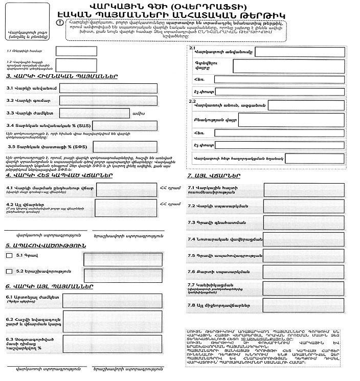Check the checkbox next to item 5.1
pyautogui.click(x=9, y=255)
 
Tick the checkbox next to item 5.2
pyautogui.click(x=9, y=271)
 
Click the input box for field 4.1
pyautogui.click(x=126, y=190)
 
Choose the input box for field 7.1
pyautogui.click(x=304, y=189)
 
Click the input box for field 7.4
pyautogui.click(x=304, y=239)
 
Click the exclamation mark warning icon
pyautogui.click(x=60, y=23)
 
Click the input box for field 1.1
pyautogui.click(x=69, y=52)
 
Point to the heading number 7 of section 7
pyautogui.click(x=190, y=175)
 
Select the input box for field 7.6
pyautogui.click(x=304, y=272)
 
